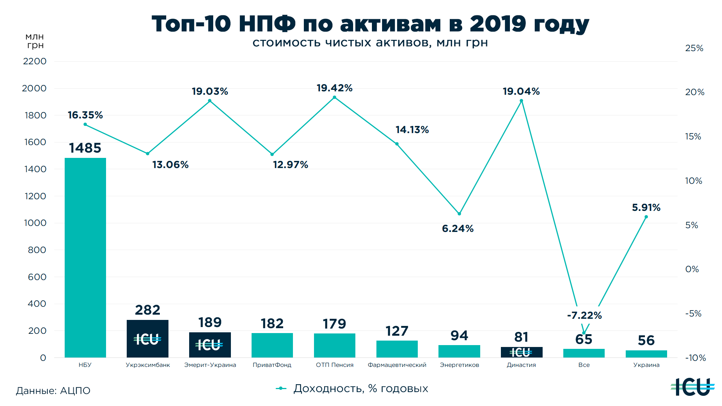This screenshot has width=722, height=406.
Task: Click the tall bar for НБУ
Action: point(85,258)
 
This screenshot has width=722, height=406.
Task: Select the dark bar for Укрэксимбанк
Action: point(147,338)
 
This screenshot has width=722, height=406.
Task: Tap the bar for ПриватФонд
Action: point(272,345)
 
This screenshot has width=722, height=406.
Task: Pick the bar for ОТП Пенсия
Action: point(334,345)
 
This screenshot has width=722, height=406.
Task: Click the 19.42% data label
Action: point(334,88)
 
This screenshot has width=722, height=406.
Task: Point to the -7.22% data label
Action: point(584,315)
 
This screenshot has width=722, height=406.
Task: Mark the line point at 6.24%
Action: point(459,214)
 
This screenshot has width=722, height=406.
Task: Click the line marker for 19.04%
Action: point(521,101)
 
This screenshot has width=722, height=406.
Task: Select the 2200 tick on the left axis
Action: point(35,61)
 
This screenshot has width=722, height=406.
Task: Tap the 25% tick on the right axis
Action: point(694,48)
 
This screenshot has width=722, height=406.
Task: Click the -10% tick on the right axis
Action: point(695,358)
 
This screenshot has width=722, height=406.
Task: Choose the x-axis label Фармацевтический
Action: point(397,365)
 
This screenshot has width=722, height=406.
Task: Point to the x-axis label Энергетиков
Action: point(459,365)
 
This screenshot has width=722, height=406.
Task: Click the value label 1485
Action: point(85,148)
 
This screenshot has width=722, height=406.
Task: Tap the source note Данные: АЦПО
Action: point(53,391)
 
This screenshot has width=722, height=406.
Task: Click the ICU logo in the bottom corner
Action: point(692,387)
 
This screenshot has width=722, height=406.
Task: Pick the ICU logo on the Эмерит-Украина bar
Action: point(209,345)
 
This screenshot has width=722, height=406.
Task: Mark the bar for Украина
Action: point(646,354)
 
